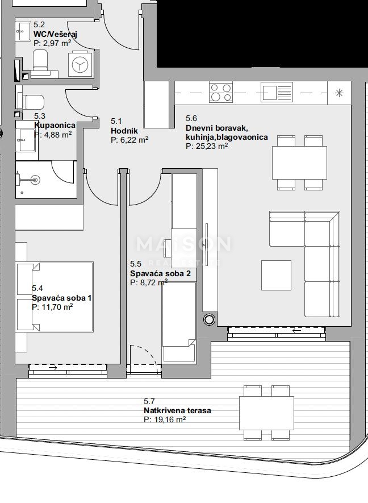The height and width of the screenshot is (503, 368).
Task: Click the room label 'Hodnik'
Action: tap(120, 131)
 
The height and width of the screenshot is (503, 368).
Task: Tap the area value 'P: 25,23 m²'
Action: tap(207, 146)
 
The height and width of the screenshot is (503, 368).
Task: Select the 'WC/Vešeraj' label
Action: tap(55, 34)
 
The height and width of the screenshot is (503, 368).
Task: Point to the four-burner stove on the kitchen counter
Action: tap(220, 92)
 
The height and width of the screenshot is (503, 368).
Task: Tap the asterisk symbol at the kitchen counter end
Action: tap(339, 93)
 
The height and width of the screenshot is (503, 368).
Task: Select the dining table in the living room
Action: tap(300, 163)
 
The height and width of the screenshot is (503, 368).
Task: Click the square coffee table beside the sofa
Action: tap(276, 275)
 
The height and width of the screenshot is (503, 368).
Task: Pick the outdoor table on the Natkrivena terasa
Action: tap(266, 413)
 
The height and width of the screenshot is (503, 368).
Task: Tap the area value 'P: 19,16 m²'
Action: tap(165, 419)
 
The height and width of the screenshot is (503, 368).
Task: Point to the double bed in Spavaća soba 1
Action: tap(55, 296)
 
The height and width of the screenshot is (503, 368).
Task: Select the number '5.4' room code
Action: tap(37, 289)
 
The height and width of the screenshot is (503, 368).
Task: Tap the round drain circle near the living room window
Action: tap(209, 320)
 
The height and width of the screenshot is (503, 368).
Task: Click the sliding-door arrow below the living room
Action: tap(296, 330)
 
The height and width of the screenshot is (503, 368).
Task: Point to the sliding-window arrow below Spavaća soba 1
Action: tap(53, 368)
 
